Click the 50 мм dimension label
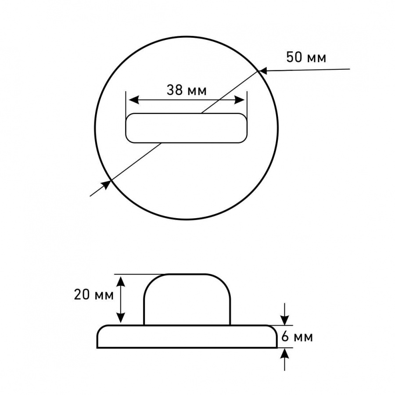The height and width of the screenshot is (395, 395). pyautogui.click(x=306, y=57)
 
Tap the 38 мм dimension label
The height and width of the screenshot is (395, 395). pyautogui.click(x=187, y=90)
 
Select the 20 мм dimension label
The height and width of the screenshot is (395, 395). pyautogui.click(x=94, y=294)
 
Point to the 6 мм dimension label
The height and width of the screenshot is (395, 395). pyautogui.click(x=297, y=336)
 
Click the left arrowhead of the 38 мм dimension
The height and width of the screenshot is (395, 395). pyautogui.click(x=133, y=100)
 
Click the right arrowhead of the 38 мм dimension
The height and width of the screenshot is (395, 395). pyautogui.click(x=239, y=100)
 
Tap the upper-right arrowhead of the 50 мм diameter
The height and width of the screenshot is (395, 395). pyautogui.click(x=262, y=71)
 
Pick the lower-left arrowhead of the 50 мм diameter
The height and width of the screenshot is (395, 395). pyautogui.click(x=106, y=184)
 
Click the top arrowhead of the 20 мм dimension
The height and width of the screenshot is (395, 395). pyautogui.click(x=121, y=280)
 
